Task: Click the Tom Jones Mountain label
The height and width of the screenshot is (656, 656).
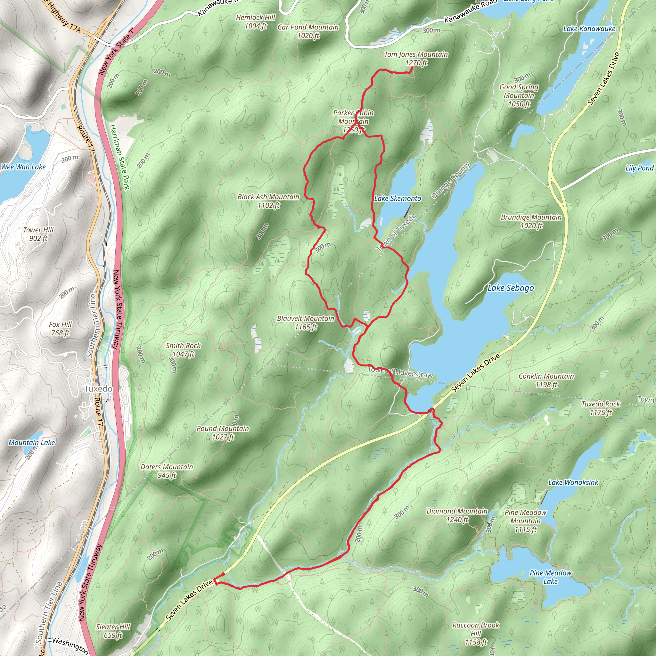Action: coord(416,58)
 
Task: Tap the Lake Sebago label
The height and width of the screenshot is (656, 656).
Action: coord(510,288)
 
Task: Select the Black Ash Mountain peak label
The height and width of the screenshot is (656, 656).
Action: coord(268,201)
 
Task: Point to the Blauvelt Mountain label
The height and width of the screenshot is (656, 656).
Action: coord(306,323)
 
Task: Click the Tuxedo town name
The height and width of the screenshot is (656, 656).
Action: coord(98,389)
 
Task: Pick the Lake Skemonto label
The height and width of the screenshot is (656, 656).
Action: coord(397,198)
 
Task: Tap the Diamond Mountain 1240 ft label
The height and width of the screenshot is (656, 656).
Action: coord(457,515)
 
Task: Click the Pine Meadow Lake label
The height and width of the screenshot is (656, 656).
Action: coord(550,577)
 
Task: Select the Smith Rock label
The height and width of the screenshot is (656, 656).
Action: coord(183,350)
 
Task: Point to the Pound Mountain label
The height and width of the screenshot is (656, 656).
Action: coord(223,432)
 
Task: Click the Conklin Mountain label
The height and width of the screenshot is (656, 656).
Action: coord(546,380)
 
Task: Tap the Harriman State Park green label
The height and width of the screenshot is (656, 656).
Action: coord(119,157)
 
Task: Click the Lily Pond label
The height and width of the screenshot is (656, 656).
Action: coord(639,168)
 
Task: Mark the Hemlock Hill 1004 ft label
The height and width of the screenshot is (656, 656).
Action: coord(255,21)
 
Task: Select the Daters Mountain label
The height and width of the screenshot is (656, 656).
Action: coord(167,471)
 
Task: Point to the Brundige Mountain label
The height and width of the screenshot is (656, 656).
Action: coord(531,221)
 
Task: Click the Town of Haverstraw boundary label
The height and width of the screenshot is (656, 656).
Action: coord(400,373)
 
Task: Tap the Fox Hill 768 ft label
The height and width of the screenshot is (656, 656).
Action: coord(61,328)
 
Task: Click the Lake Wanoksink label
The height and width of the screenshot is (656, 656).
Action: coord(573,482)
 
